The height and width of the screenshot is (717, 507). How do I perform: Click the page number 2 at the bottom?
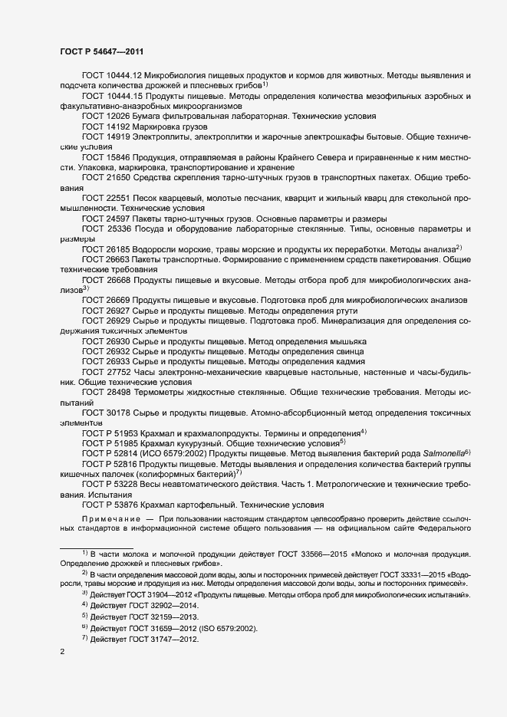(62, 652)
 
